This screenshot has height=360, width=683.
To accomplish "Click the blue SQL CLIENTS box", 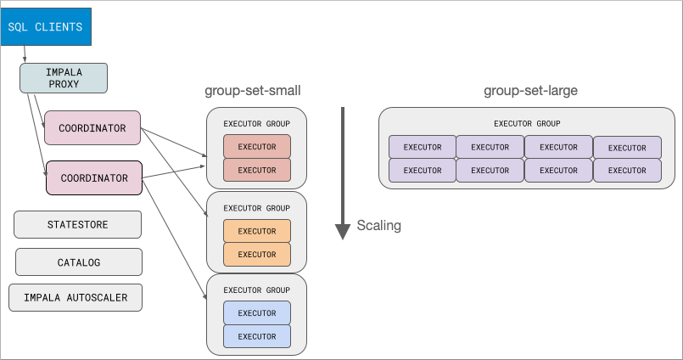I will (x=45, y=27).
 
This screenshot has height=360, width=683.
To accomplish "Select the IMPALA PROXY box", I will (x=64, y=78).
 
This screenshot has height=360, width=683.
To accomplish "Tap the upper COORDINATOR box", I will (x=92, y=128).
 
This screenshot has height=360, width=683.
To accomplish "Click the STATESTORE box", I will (x=77, y=225).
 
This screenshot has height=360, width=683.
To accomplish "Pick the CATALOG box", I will (x=78, y=262).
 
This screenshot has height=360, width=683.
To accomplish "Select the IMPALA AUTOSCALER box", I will (x=75, y=298).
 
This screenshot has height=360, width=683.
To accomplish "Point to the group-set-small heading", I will (x=253, y=90).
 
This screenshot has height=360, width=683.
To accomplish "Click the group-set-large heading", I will (x=531, y=90).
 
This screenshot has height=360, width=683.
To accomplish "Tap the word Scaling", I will (x=378, y=226).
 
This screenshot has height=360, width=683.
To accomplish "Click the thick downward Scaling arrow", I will (x=343, y=170).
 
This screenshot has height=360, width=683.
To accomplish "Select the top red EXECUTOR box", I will (x=256, y=147).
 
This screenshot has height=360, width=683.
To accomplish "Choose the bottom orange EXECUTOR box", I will (x=256, y=254).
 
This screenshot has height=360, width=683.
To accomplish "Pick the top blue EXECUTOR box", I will (x=256, y=313).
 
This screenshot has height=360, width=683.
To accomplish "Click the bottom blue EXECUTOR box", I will (x=256, y=336).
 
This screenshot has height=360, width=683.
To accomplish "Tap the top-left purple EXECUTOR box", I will (x=422, y=147).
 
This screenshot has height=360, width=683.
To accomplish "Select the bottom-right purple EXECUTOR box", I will (x=627, y=170).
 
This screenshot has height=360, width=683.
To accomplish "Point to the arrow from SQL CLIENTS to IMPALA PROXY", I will (x=24, y=54).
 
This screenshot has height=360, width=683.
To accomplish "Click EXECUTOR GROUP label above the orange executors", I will (x=256, y=208).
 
